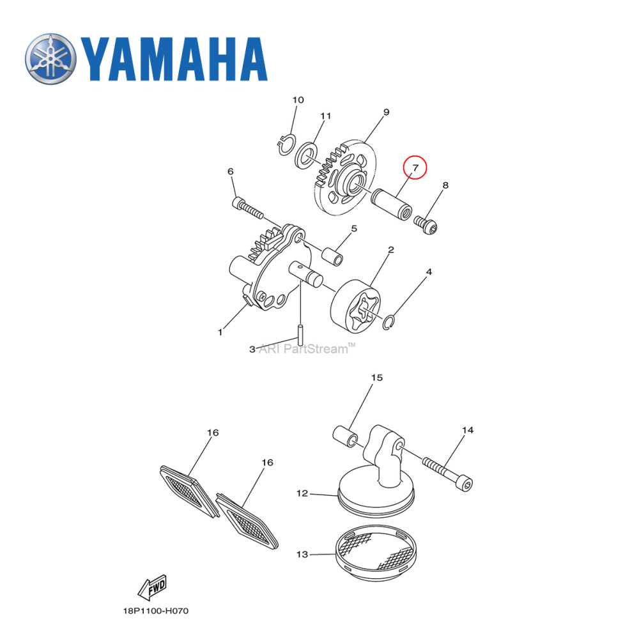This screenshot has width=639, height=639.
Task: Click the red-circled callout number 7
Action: [415, 168]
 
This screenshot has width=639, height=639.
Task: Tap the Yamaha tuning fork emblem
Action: [50, 58]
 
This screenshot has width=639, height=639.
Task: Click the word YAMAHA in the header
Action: [173, 59]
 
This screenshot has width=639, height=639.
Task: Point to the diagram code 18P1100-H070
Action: [156, 611]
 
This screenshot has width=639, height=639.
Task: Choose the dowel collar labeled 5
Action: [332, 255]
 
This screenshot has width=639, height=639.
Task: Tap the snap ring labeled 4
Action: [392, 323]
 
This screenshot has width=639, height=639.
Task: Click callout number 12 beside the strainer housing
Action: [302, 493]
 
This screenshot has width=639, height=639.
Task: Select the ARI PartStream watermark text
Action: [306, 349]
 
